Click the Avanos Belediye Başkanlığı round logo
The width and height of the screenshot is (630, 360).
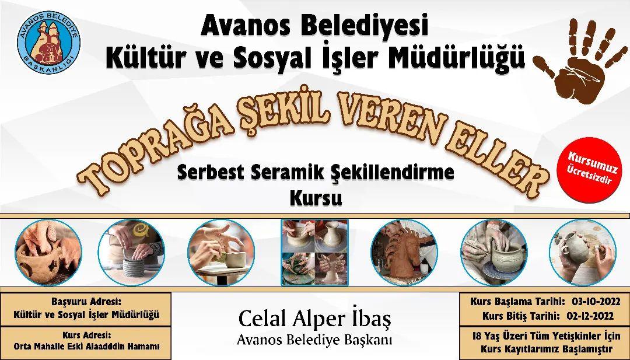pos(48,40)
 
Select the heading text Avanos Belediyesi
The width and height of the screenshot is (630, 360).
pos(314,25)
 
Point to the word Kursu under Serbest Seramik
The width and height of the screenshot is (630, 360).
pos(315,198)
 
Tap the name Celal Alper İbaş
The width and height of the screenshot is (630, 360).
pos(314,318)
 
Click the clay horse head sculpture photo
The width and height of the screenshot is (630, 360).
pos(404,252)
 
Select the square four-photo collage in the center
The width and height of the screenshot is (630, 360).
pos(314,252)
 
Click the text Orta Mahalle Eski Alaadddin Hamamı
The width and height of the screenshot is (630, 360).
pos(86,347)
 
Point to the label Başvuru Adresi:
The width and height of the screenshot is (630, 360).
pos(86,302)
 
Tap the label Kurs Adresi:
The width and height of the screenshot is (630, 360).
pos(86,335)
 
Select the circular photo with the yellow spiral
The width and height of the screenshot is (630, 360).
pos(132,252)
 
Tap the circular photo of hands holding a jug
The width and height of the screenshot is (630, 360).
pos(582,252)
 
